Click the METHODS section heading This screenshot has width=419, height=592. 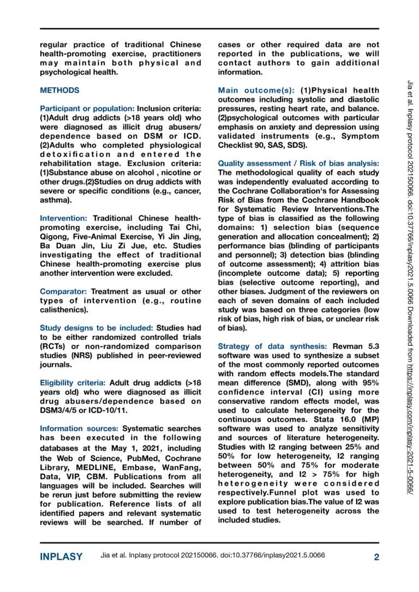tap(59, 90)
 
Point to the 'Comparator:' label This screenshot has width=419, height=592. tap(63, 291)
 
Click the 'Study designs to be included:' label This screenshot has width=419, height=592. tap(97, 328)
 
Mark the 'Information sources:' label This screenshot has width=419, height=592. tap(80, 428)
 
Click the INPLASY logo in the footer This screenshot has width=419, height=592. tap(61, 557)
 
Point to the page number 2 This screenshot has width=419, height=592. tap(376, 557)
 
